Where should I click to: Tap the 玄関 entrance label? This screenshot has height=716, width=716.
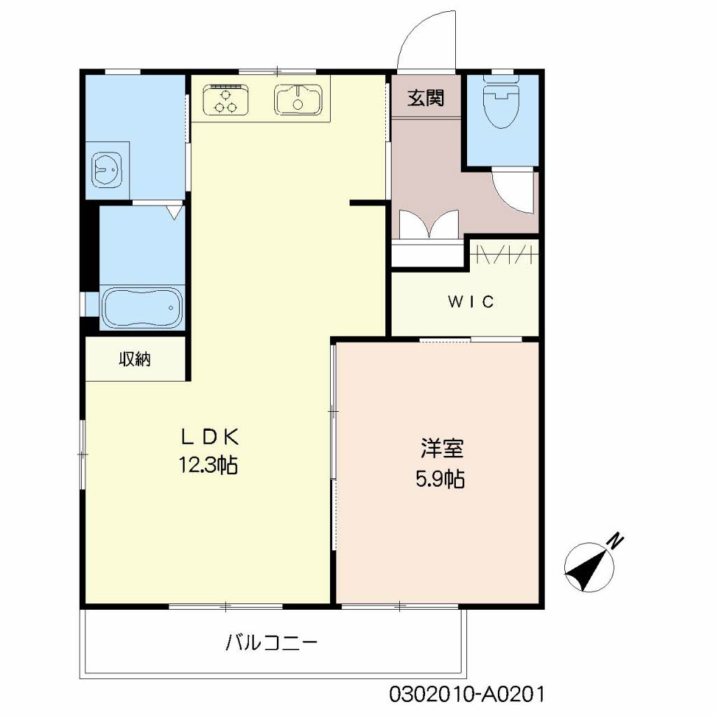[425, 99]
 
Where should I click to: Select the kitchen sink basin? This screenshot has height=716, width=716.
[299, 99]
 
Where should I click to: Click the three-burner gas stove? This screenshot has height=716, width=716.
[226, 99]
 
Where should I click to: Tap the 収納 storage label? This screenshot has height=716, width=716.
[134, 359]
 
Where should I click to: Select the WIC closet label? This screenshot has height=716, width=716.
[471, 302]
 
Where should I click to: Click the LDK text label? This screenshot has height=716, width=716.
[210, 437]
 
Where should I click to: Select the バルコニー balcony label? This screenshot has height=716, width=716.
[272, 642]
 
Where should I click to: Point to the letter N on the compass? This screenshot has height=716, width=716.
[615, 540]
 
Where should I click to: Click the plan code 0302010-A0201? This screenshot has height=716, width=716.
[466, 694]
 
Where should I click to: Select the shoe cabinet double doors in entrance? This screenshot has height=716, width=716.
[427, 228]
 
